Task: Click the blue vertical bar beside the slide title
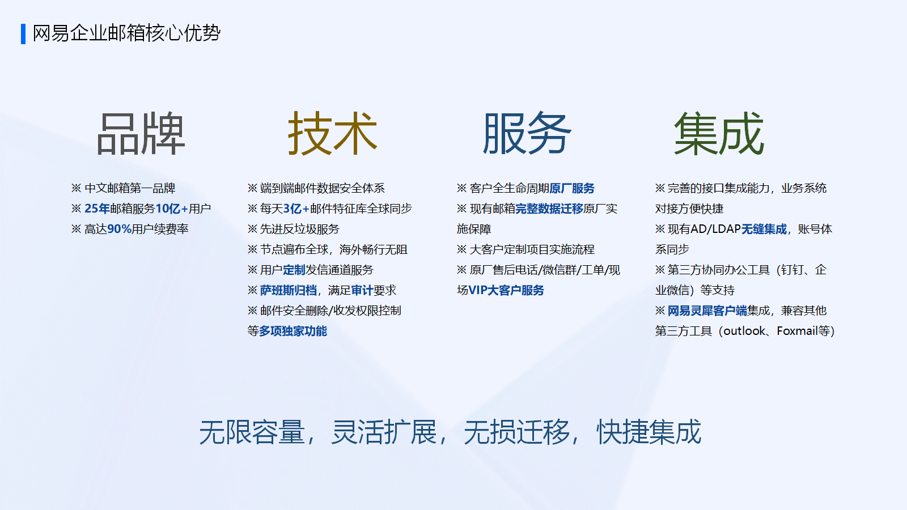coord(23,34)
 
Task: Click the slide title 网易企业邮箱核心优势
coord(126,33)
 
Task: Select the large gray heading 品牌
coord(141,134)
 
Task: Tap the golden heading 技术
coord(332,134)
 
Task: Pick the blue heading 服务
coord(527,134)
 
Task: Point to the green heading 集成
coord(719,134)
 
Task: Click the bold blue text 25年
coord(97,209)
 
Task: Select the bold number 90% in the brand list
coord(119,229)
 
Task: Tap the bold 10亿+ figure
coord(172,209)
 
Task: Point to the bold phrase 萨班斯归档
coord(289,290)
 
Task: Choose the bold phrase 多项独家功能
coord(293,331)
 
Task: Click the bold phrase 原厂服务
coord(572,188)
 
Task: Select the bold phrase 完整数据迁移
coord(549,209)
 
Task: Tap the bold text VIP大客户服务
coord(506,290)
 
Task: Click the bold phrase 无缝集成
coord(764,229)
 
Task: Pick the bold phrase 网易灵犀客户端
coord(707,311)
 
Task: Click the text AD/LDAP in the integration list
coord(715,229)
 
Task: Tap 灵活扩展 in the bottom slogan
coord(383,432)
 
